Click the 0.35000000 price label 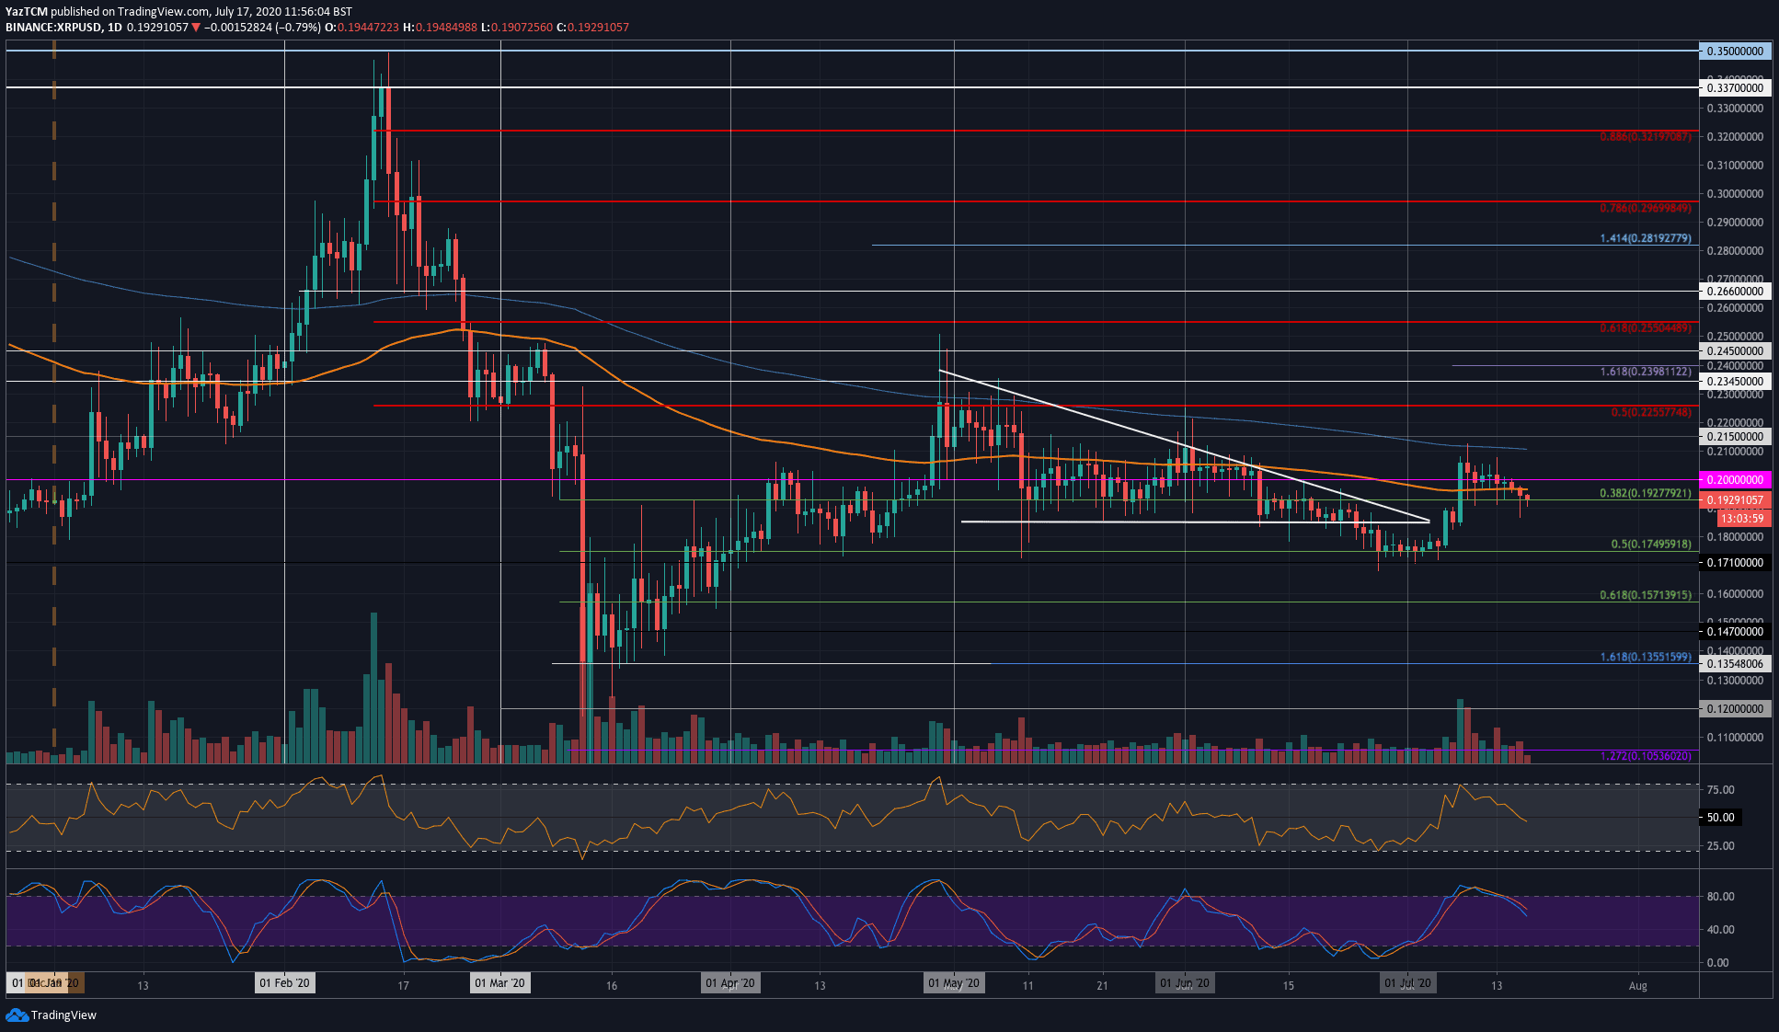1734,52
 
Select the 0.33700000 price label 1734,88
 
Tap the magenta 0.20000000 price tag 1734,480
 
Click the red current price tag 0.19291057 1734,500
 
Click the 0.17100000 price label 1734,563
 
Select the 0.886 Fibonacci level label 1645,137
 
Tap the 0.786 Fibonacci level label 1645,209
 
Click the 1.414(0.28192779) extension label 1645,239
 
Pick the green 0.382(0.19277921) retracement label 1645,494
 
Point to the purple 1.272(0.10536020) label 1645,756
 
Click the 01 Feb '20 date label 284,983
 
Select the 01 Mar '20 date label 499,983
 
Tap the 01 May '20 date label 954,983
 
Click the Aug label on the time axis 1637,986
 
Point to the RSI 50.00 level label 1719,818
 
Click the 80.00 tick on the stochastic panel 1719,897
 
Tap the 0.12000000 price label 1734,709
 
